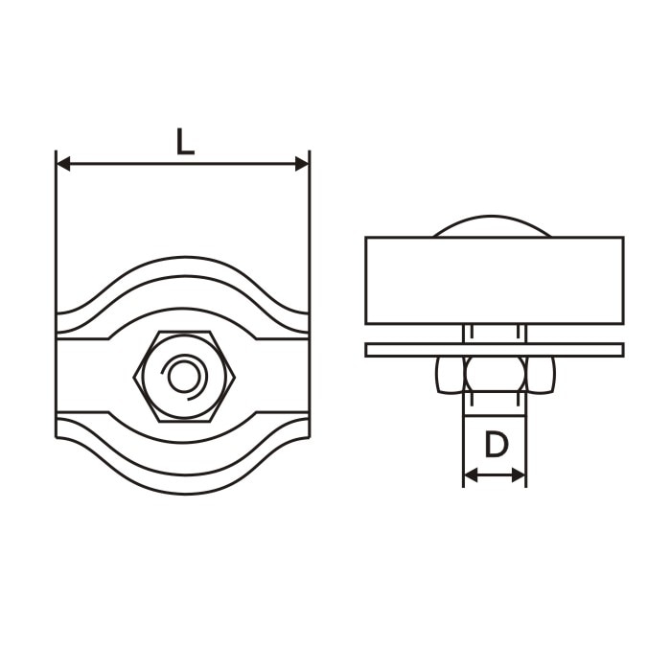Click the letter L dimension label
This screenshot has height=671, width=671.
[x=184, y=142]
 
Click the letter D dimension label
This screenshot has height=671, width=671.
[x=495, y=446]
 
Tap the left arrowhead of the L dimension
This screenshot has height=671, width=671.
[x=63, y=164]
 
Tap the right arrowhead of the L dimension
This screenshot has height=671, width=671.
[x=302, y=164]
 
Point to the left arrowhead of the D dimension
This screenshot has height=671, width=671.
[x=470, y=474]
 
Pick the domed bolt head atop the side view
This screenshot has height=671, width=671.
[x=493, y=229]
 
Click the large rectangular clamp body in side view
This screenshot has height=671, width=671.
[x=494, y=280]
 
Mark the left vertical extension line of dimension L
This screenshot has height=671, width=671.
[x=57, y=240]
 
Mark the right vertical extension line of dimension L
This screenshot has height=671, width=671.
[x=310, y=240]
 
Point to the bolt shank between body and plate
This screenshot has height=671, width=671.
[x=495, y=333]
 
